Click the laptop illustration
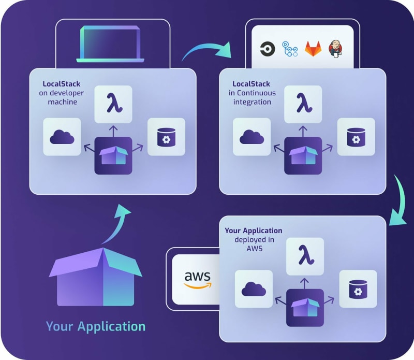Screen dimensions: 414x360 (x=110, y=44)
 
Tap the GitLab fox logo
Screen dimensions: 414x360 (x=313, y=49)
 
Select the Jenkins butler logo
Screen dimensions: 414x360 (x=335, y=49)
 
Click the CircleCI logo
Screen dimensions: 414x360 (x=268, y=49)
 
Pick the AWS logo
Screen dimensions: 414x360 (x=198, y=280)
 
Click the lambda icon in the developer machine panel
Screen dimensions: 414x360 (x=114, y=103)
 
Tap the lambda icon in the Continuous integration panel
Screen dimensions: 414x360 (x=304, y=103)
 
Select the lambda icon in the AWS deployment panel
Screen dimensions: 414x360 (x=305, y=255)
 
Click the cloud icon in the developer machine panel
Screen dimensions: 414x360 (x=62, y=137)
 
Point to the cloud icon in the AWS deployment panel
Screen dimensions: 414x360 (x=254, y=289)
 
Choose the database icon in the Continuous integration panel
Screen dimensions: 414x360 (x=356, y=137)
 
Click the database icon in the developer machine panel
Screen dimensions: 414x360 (x=166, y=137)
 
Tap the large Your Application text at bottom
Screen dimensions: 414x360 (x=96, y=327)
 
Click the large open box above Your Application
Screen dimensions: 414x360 (x=96, y=277)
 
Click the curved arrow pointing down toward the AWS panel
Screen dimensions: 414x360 (x=400, y=201)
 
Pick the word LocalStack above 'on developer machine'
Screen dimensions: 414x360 (x=62, y=84)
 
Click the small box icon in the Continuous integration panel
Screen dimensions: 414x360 (x=303, y=155)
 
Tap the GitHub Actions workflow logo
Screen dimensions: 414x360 (x=290, y=49)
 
